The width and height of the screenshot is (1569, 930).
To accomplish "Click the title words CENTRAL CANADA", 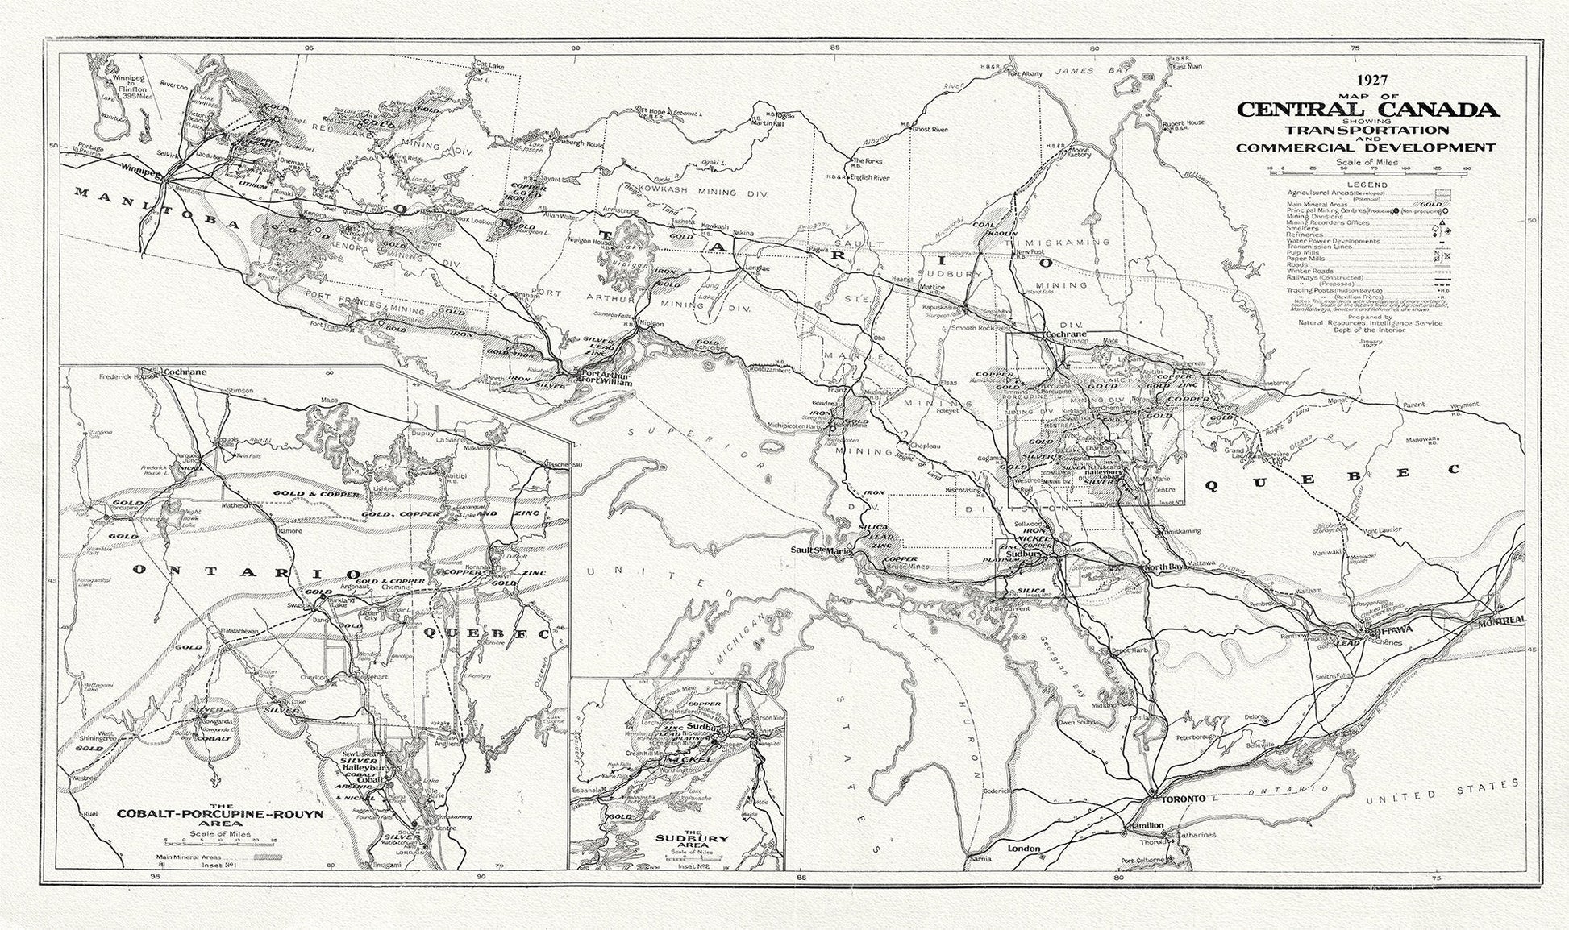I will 1368,110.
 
